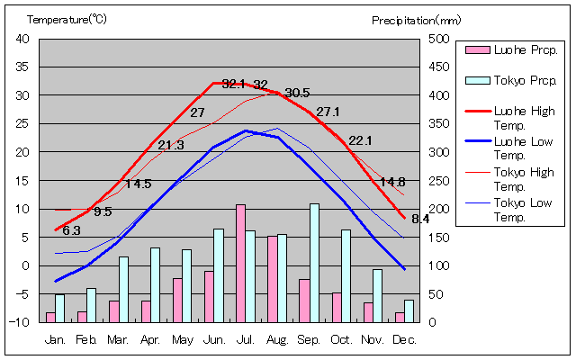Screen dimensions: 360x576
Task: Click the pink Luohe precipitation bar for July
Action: click(x=240, y=263)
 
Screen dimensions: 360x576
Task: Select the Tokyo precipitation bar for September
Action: click(x=314, y=263)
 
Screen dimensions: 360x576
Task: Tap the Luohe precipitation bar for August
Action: click(x=272, y=279)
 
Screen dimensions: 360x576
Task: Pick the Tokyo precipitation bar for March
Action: click(x=123, y=289)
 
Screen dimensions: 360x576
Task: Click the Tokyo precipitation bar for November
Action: click(x=377, y=295)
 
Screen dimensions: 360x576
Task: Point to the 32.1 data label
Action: click(x=233, y=84)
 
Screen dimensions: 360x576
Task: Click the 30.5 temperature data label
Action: click(x=297, y=93)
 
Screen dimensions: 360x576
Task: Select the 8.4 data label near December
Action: click(x=420, y=219)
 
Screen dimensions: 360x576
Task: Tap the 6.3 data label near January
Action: click(x=71, y=230)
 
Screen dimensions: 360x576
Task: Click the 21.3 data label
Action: click(x=171, y=145)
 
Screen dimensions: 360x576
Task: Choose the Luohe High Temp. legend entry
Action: click(x=514, y=118)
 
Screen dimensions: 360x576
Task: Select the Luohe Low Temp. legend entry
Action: click(x=514, y=148)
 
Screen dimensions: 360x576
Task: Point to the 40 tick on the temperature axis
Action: click(x=22, y=39)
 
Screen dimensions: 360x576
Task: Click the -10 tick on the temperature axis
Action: click(x=21, y=322)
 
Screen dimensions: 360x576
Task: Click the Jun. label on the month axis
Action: click(x=214, y=339)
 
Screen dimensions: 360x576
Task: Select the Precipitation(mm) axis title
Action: click(x=416, y=19)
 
